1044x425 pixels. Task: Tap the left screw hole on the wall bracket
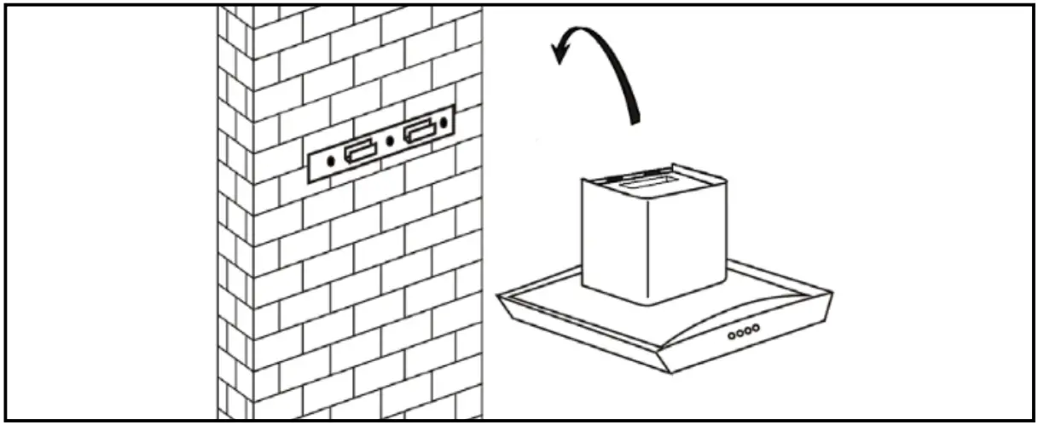331,158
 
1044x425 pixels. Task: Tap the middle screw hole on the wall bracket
390,141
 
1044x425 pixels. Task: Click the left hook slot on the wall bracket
359,152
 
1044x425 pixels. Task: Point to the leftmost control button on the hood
732,336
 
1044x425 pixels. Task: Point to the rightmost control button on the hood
755,328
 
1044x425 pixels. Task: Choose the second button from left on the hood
739,334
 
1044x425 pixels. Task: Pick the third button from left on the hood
747,330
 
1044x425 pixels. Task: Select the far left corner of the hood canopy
499,296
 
